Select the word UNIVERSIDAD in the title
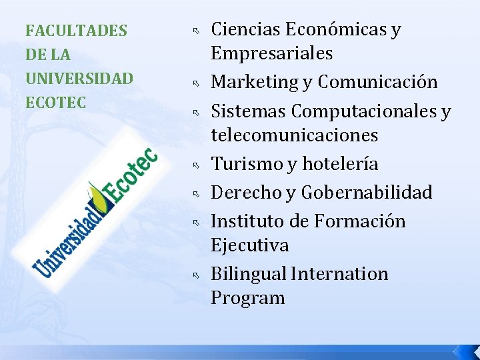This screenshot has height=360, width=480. click(x=79, y=79)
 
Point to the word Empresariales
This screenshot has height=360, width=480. click(x=271, y=54)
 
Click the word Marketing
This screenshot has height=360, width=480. click(x=255, y=83)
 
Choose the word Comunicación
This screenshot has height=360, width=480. click(x=377, y=83)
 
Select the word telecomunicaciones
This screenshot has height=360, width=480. click(x=294, y=135)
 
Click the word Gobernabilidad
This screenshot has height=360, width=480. click(x=367, y=193)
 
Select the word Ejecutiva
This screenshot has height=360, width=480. click(x=249, y=245)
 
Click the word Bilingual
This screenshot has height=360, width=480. click(x=249, y=274)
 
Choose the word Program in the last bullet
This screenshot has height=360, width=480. click(x=247, y=298)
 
